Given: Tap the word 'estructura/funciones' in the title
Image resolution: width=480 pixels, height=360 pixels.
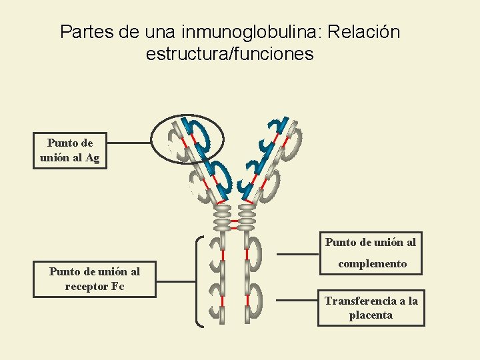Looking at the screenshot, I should [229, 54].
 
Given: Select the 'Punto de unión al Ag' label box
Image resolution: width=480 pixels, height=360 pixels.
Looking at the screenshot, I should [70, 151].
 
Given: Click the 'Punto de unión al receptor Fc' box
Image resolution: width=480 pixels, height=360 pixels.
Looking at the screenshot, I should [95, 279].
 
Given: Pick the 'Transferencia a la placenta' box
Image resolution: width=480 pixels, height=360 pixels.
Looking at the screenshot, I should [371, 308].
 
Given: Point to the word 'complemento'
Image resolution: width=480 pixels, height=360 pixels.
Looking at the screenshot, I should [372, 263].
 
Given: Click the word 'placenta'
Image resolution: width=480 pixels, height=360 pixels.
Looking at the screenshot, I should [371, 315].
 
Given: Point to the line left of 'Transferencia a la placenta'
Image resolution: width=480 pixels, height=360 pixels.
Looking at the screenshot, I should [297, 300].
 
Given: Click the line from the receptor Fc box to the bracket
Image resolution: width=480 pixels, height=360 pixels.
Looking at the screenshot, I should [177, 281].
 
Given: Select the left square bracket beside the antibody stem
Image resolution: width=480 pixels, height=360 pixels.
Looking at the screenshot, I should [200, 281].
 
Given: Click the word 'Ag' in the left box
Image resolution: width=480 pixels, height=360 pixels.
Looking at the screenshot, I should [93, 158].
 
